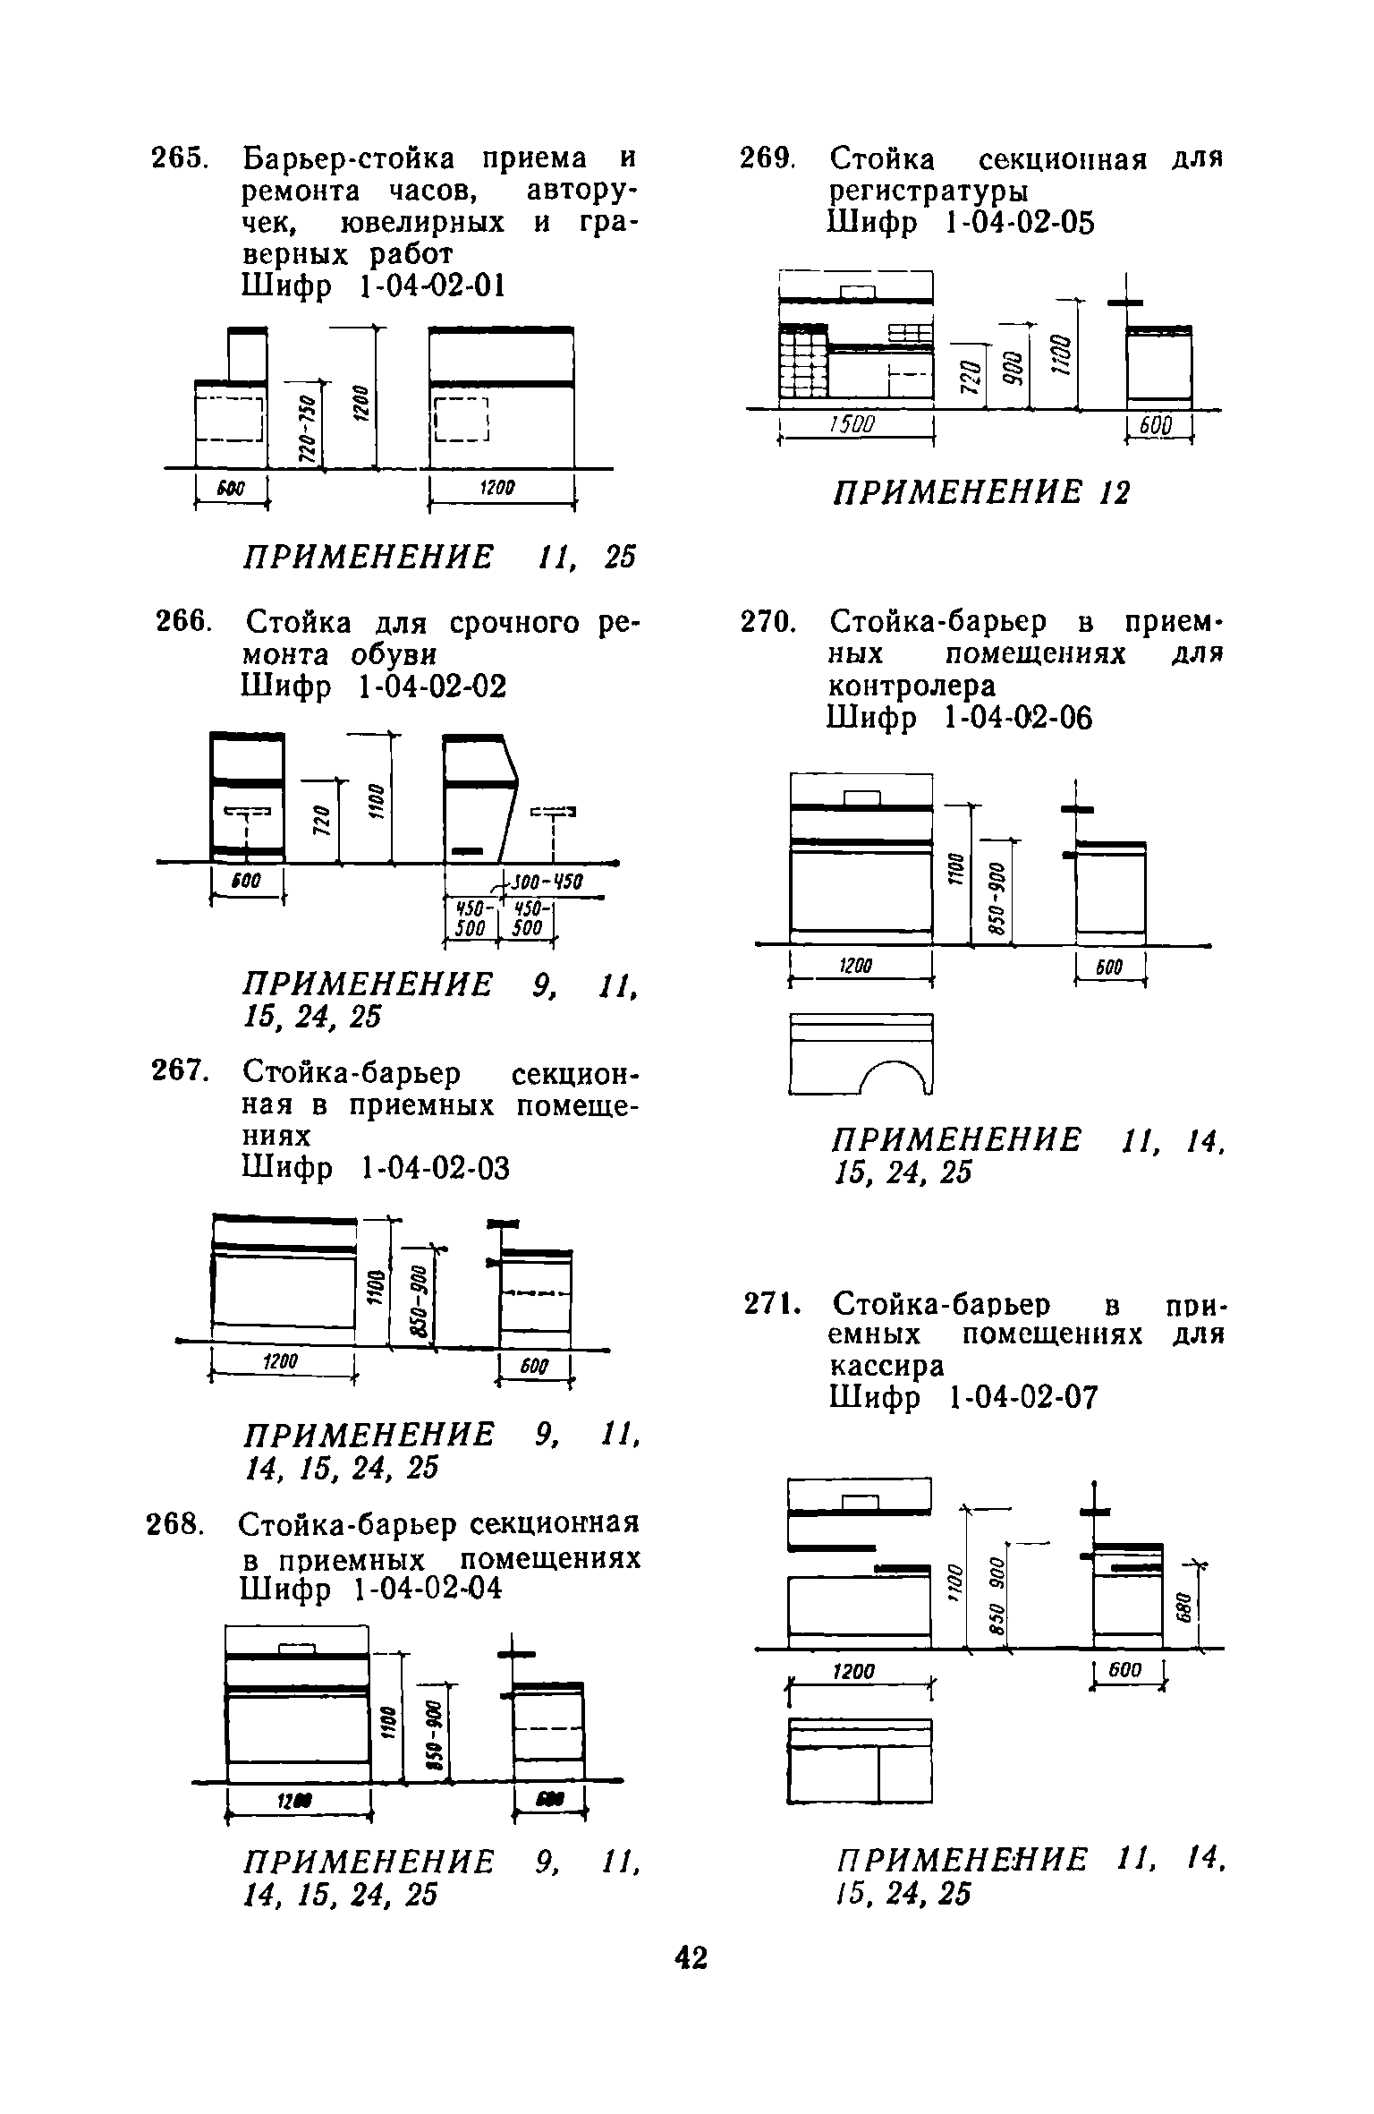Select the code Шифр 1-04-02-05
tap(962, 224)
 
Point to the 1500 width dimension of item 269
tap(855, 426)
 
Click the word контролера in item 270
tap(912, 686)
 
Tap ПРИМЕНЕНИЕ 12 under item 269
tap(981, 492)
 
